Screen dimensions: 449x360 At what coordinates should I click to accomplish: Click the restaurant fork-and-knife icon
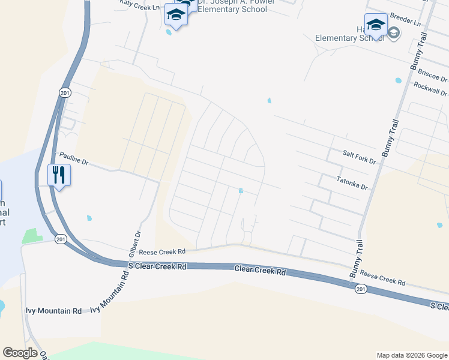coord(59,175)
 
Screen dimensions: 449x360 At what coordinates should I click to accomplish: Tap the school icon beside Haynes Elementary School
coord(376,25)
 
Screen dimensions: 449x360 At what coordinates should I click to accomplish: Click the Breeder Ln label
coord(405,20)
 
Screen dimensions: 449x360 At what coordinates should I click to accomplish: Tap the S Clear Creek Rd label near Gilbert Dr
coord(158,266)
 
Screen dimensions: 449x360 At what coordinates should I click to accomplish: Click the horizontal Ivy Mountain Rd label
coord(53,311)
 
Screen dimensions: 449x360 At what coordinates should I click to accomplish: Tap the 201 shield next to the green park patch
coord(60,239)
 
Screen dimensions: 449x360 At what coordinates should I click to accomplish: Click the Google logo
coord(20,352)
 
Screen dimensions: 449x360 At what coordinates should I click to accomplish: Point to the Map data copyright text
coord(412,355)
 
